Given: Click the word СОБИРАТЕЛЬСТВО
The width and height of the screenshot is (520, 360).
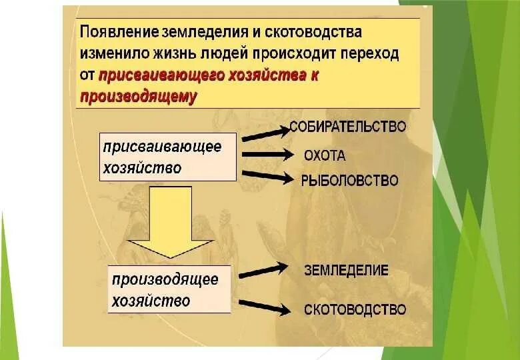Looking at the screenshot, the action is click(x=347, y=126).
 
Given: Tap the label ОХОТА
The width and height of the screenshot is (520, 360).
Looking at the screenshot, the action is click(x=325, y=156).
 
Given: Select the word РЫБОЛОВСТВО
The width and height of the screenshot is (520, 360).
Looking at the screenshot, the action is click(x=349, y=180).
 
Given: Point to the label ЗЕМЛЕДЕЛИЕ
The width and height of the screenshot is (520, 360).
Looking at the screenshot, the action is click(x=346, y=270).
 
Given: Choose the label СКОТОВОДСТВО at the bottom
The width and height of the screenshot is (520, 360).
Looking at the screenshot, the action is click(x=355, y=309).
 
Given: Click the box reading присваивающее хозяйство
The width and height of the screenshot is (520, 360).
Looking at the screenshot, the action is click(x=168, y=157).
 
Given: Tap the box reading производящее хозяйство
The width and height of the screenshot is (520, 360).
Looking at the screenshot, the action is click(x=169, y=289).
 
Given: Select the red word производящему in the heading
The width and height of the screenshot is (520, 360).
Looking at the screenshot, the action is click(x=139, y=97).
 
